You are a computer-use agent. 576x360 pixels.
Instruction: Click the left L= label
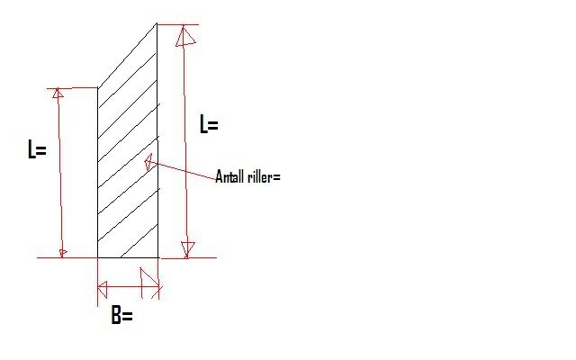pyautogui.click(x=37, y=148)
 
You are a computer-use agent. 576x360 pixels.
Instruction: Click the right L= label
pyautogui.click(x=209, y=124)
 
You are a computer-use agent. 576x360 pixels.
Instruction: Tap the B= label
pyautogui.click(x=122, y=315)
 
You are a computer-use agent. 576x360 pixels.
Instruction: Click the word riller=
pyautogui.click(x=264, y=176)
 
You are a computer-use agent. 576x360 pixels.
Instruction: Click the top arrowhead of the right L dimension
pyautogui.click(x=185, y=36)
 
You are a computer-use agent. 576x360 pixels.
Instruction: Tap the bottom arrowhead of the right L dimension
pyautogui.click(x=188, y=249)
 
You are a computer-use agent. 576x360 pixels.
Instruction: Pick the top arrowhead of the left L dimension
pyautogui.click(x=58, y=93)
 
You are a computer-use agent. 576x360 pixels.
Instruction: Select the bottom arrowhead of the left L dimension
pyautogui.click(x=63, y=253)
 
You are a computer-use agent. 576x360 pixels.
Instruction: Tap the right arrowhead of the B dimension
pyautogui.click(x=150, y=283)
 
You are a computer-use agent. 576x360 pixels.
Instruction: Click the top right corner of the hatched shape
pyautogui.click(x=157, y=23)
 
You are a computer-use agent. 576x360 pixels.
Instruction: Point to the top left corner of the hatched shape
pyautogui.click(x=98, y=88)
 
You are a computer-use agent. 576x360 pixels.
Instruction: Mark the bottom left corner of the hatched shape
pyautogui.click(x=98, y=257)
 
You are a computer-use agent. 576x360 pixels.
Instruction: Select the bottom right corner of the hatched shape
pyautogui.click(x=158, y=257)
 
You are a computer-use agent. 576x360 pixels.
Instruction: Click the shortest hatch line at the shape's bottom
pyautogui.click(x=139, y=240)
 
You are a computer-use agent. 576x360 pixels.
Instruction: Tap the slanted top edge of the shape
pyautogui.click(x=128, y=56)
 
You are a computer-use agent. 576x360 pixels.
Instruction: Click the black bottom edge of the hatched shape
pyautogui.click(x=128, y=257)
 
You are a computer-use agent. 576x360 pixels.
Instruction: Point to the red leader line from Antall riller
pyautogui.click(x=182, y=170)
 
